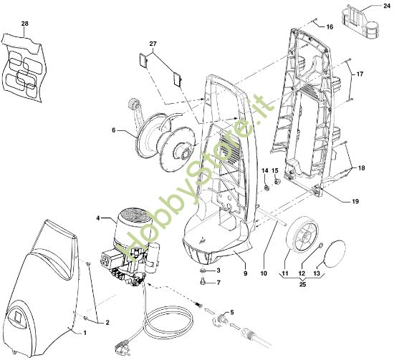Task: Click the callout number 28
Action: click(x=26, y=24)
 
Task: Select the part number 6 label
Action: click(x=112, y=131)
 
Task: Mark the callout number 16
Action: click(x=330, y=26)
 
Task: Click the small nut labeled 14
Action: click(x=264, y=185)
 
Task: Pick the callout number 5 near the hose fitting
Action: click(x=231, y=313)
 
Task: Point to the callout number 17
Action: click(x=360, y=74)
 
